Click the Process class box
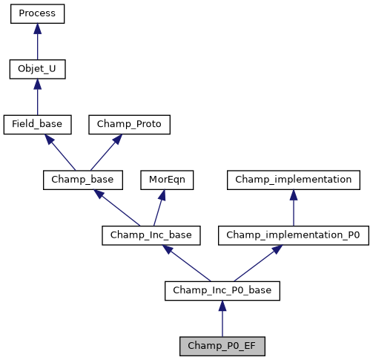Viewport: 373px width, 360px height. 38,14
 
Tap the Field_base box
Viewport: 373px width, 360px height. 38,124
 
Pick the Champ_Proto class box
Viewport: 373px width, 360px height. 130,124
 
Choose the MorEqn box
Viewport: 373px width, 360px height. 162,180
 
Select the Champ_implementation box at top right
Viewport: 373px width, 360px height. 293,180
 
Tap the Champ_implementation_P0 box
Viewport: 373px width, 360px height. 293,235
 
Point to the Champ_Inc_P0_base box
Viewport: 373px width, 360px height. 222,290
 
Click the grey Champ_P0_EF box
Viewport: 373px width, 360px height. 222,346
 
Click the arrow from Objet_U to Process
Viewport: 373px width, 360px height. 38,42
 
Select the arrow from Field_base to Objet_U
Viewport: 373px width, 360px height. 38,96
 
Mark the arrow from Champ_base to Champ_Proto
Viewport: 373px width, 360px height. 104,153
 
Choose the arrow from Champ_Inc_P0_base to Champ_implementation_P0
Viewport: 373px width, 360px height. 256,264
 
